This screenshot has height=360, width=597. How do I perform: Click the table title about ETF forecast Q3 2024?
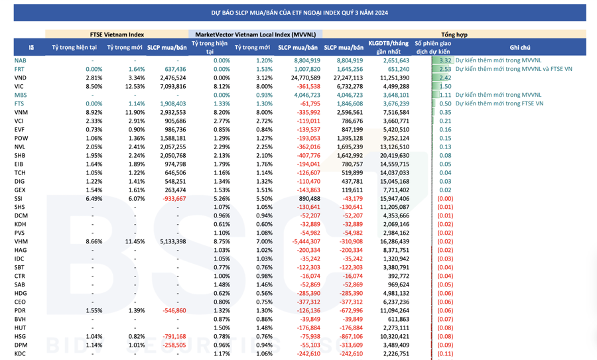pos(298,13)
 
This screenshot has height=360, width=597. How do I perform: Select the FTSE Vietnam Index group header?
pos(117,34)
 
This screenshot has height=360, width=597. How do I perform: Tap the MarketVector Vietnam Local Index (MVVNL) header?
pos(255,34)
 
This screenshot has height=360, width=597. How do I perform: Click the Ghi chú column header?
pos(520,48)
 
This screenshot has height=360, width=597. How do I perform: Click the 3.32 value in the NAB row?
pos(445,60)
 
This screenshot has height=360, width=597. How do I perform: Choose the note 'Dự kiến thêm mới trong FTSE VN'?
pos(499,103)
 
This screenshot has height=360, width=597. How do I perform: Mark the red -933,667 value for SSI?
pos(174,198)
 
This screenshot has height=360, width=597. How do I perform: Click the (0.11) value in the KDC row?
pos(445,353)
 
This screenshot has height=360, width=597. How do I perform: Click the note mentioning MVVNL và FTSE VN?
pos(514,69)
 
